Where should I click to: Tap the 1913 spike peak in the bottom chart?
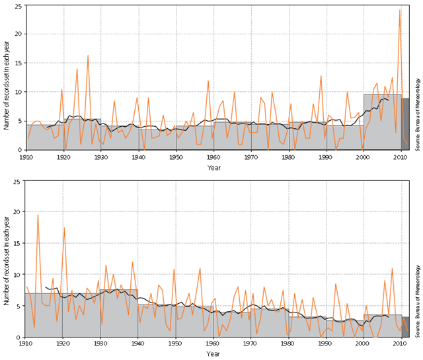[x=38, y=215]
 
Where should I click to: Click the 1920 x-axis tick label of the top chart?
[x=63, y=157]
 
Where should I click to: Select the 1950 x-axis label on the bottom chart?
[x=176, y=345]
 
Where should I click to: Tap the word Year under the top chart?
[x=213, y=168]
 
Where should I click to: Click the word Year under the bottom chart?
[x=213, y=355]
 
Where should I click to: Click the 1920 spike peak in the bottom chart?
[x=64, y=228]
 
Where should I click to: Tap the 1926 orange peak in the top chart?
[x=88, y=55]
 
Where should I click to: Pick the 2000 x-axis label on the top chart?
[x=364, y=157]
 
